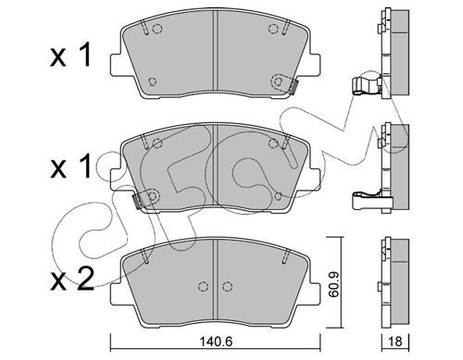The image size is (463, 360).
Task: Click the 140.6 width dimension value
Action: click(216, 341)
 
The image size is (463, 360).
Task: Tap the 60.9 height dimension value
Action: click(333, 284)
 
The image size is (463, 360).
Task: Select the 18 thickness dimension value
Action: click(395, 341)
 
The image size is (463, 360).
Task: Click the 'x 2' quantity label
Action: click(72, 279)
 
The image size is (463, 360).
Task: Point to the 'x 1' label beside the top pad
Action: click(70, 55)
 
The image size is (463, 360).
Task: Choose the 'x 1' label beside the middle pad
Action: click(70, 166)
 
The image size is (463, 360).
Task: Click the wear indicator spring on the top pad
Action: click(294, 86)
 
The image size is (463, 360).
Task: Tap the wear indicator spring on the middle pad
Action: click(137, 201)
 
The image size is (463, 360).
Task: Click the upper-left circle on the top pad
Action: click(157, 29)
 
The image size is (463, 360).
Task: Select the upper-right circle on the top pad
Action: click(273, 29)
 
